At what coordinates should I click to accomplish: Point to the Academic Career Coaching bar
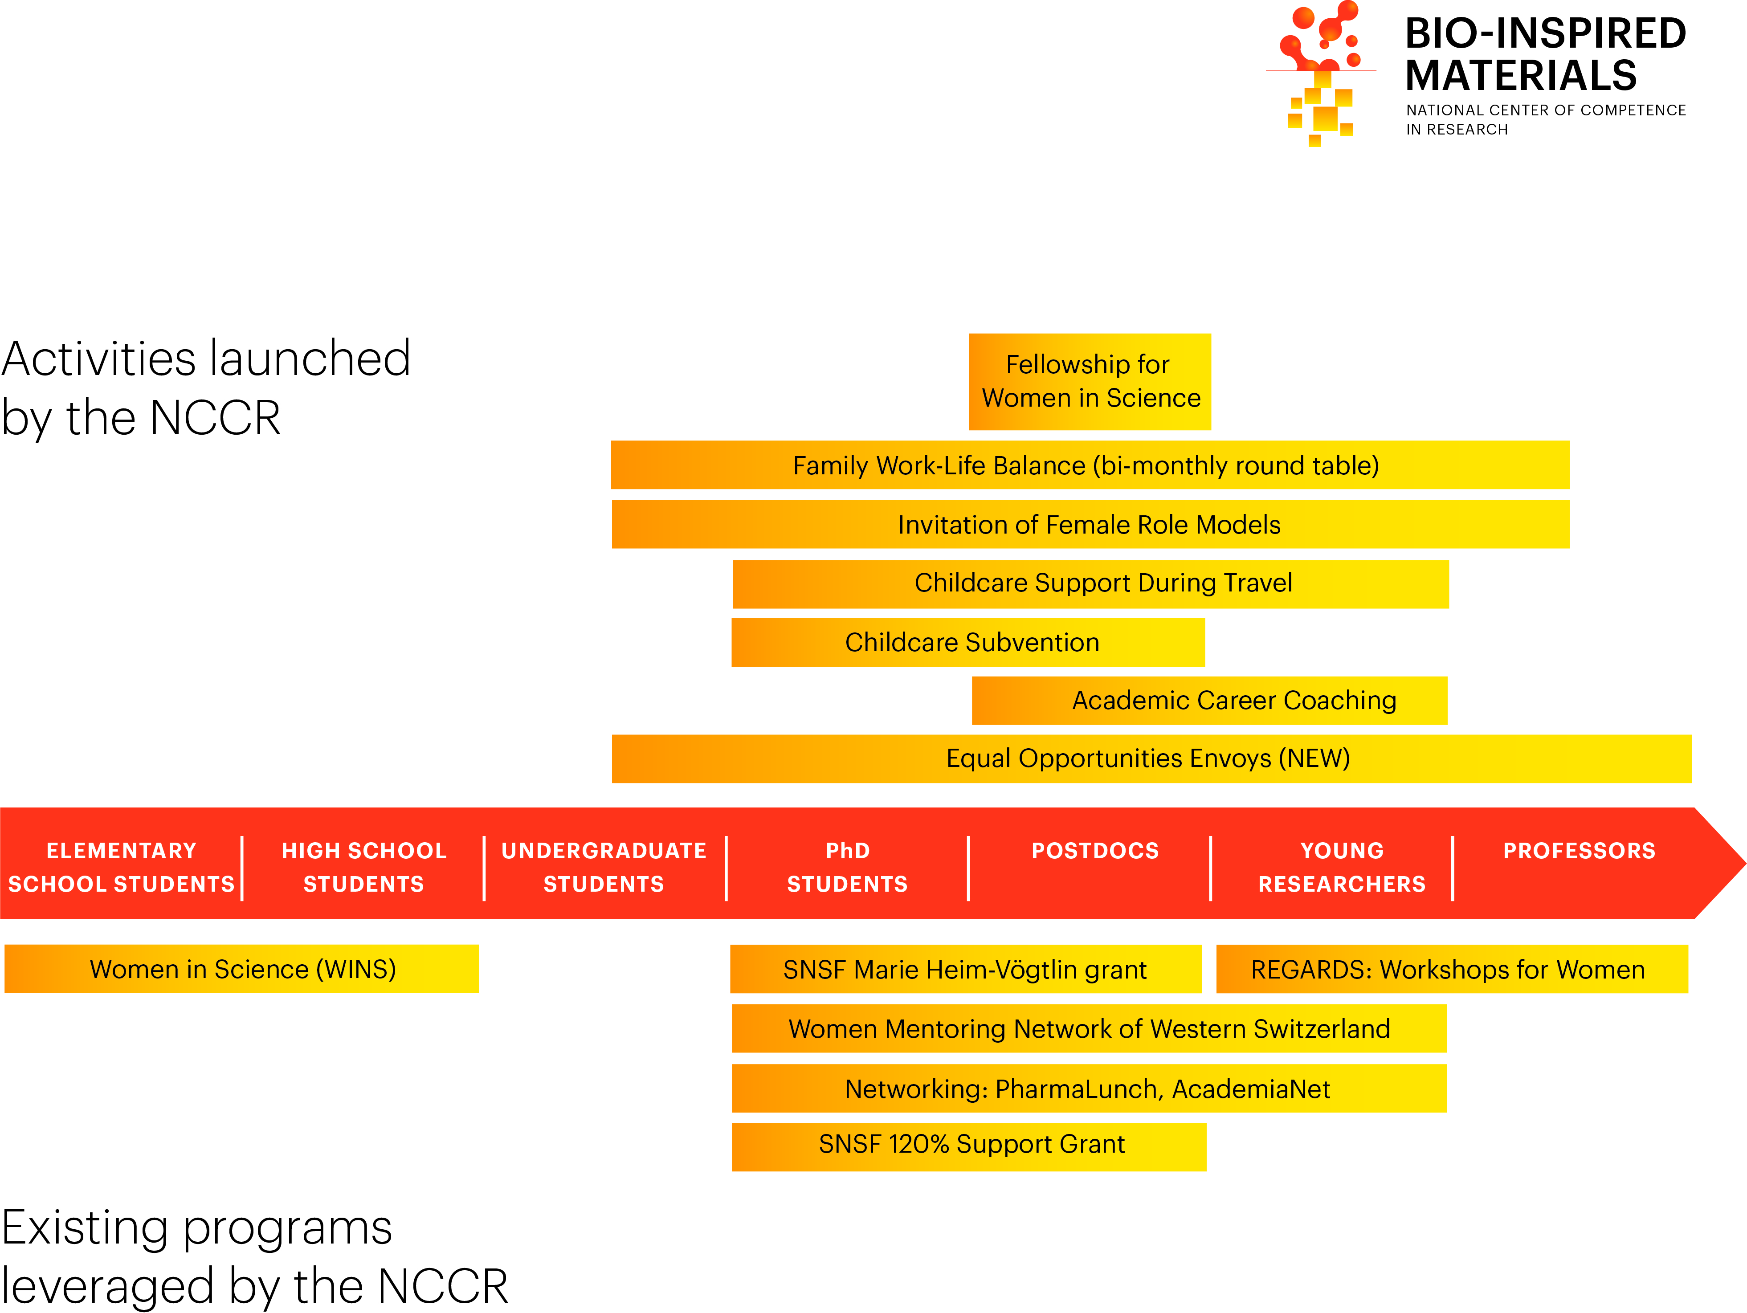[x=1209, y=700]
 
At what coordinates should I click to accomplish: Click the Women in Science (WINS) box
[x=242, y=969]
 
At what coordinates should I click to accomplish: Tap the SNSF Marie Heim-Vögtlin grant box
[x=965, y=969]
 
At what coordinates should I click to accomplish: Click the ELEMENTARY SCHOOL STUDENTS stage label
[x=121, y=867]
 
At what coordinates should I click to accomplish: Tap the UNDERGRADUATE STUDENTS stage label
[x=604, y=867]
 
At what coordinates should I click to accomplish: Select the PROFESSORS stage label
[x=1579, y=851]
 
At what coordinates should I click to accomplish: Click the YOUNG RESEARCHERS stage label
[x=1342, y=867]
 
